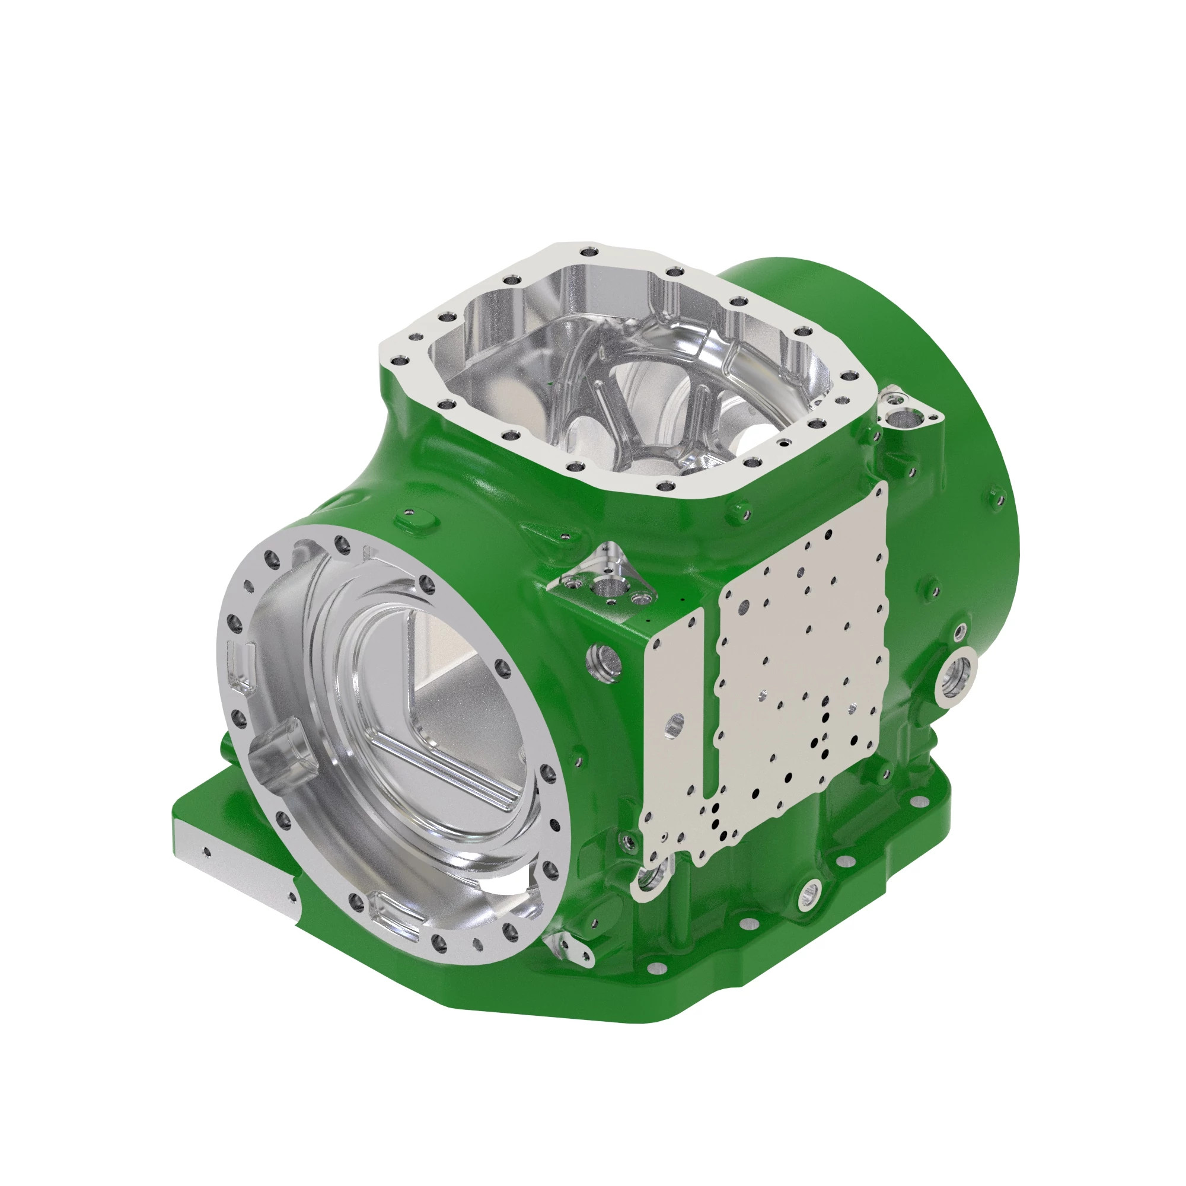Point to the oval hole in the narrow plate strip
point(674,725)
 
